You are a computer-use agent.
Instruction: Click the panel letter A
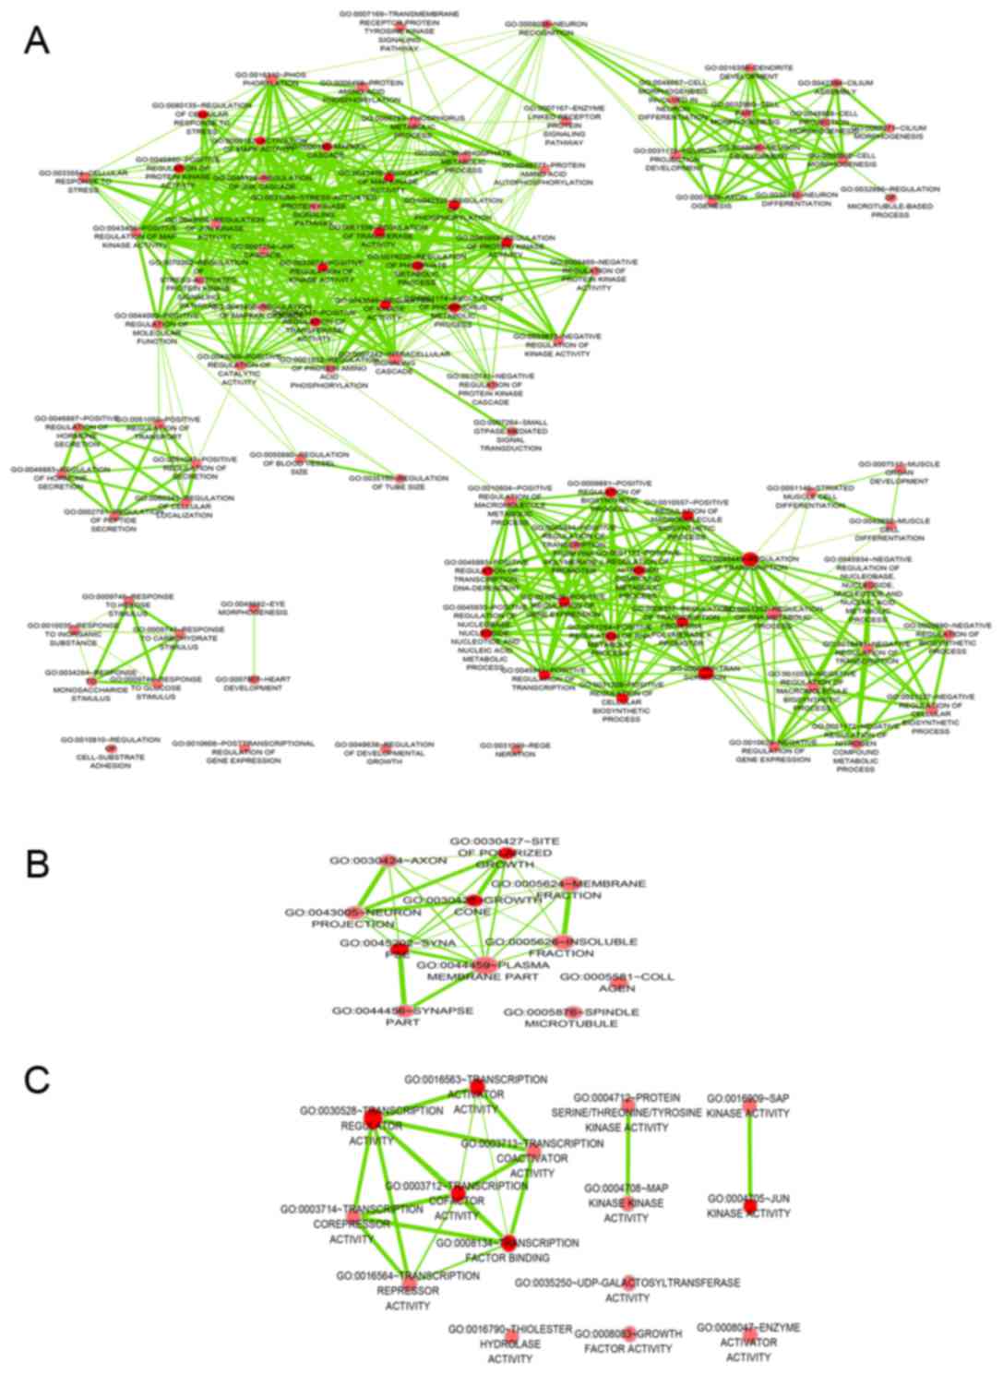(x=36, y=40)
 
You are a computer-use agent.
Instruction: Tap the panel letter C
(x=37, y=1079)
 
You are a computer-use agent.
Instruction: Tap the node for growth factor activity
(x=628, y=1333)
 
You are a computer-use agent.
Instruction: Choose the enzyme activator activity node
(x=748, y=1334)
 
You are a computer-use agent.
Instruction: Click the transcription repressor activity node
(x=409, y=1283)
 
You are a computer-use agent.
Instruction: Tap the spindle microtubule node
(x=572, y=1012)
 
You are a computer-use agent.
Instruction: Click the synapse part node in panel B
(x=402, y=1011)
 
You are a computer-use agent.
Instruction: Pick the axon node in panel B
(x=388, y=860)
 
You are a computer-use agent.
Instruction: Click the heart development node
(x=254, y=680)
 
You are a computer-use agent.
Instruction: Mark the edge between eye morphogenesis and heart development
(x=254, y=644)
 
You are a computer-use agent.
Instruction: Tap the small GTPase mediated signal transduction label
(x=510, y=434)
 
